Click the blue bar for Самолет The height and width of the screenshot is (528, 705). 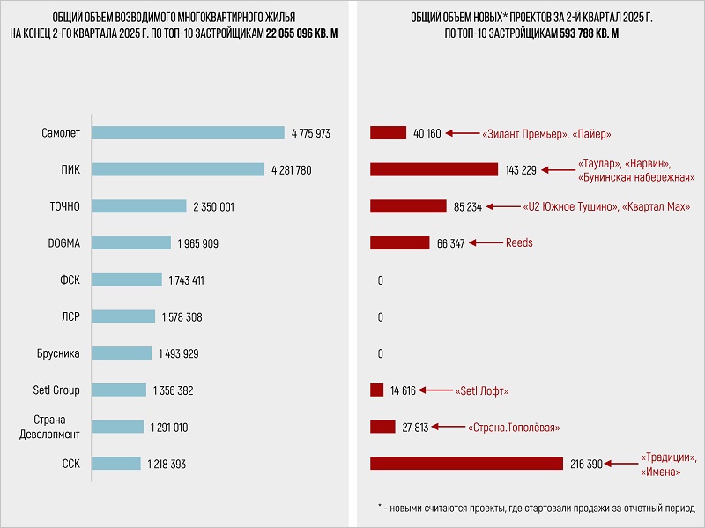point(189,133)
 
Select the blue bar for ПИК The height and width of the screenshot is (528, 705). point(179,169)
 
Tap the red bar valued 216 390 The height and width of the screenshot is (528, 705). point(466,464)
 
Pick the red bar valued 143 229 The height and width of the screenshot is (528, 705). point(434,169)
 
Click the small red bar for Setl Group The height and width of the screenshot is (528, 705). point(377,390)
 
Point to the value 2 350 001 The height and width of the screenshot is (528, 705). point(212,206)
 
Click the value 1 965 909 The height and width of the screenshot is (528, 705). point(197,243)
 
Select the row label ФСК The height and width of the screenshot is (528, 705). point(69,280)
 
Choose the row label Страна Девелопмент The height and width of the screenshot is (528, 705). point(56,427)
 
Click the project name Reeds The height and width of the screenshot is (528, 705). point(519,242)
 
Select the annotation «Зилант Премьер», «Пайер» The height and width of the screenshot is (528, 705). point(546,134)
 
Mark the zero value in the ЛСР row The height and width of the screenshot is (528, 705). point(380,317)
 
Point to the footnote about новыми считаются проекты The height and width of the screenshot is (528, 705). point(535,508)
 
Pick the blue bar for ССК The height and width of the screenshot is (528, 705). point(116,464)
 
